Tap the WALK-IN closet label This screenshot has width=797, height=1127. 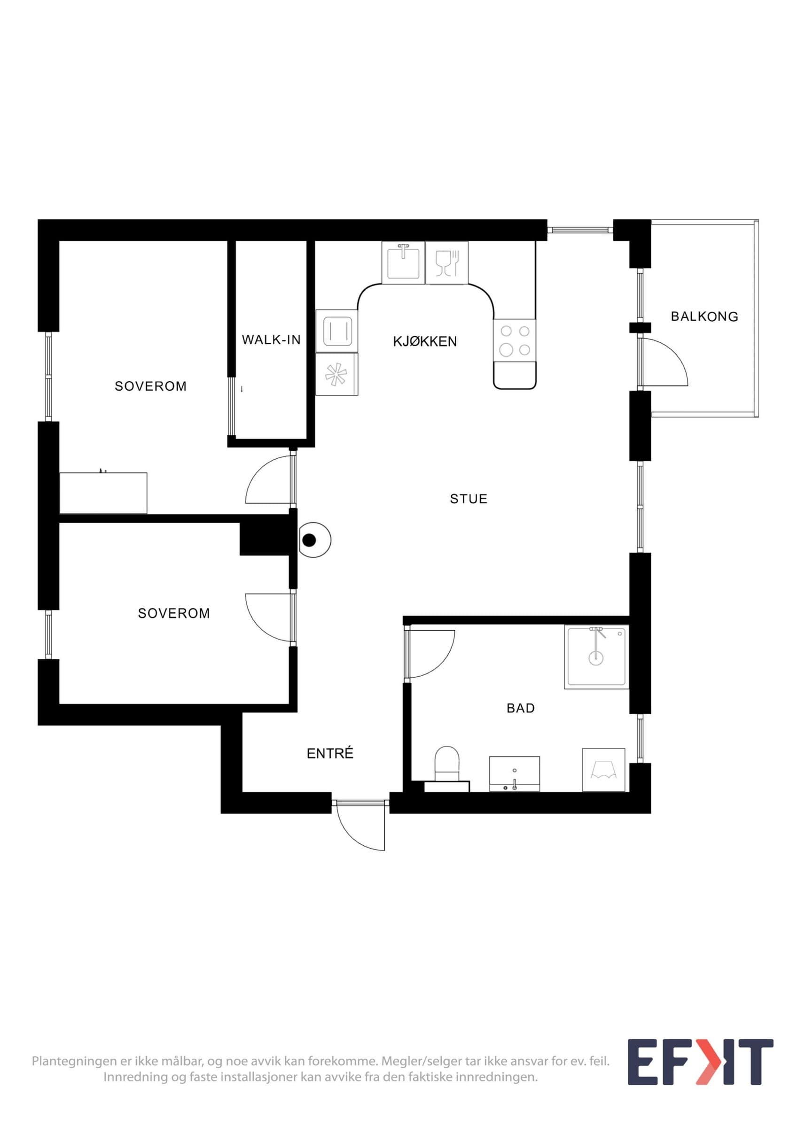coord(271,340)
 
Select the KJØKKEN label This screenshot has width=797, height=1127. coord(425,341)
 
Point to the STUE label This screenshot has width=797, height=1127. coord(469,499)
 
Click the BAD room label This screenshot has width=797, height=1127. coord(521,708)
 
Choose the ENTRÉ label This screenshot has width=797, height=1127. coord(330,754)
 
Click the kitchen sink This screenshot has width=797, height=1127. coord(403,262)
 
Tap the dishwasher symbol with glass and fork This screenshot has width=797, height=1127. coord(447,262)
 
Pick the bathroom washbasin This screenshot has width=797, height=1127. coord(514,773)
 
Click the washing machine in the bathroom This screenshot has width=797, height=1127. coord(603,770)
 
